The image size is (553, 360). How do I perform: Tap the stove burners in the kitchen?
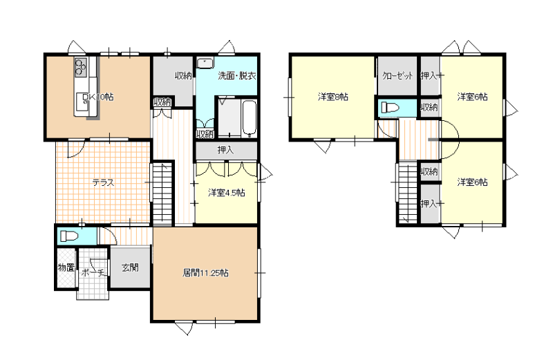[x=80, y=67]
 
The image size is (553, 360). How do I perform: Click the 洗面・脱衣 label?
[x=236, y=75]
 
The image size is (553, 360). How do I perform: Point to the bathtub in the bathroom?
[x=249, y=118]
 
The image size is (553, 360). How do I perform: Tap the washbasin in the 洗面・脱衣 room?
[x=205, y=63]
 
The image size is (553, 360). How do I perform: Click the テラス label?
[x=103, y=182]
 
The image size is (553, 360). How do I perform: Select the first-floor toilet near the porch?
[x=68, y=236]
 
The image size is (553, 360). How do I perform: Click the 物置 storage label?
[x=66, y=267]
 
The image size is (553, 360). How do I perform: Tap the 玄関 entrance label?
[x=130, y=267]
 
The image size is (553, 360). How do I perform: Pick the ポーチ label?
[x=93, y=272]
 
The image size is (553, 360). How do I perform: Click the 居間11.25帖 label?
[x=205, y=272]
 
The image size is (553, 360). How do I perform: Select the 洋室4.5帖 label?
[x=227, y=193]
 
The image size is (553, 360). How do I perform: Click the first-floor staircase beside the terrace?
[x=162, y=194]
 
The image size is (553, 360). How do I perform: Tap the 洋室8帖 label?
[x=333, y=97]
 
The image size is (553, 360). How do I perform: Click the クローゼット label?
[x=397, y=75]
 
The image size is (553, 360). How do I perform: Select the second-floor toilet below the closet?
[x=390, y=107]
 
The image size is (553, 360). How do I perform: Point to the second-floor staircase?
[x=408, y=192]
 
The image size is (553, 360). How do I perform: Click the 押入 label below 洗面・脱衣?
[x=226, y=150]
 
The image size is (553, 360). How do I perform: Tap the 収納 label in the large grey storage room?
[x=183, y=75]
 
